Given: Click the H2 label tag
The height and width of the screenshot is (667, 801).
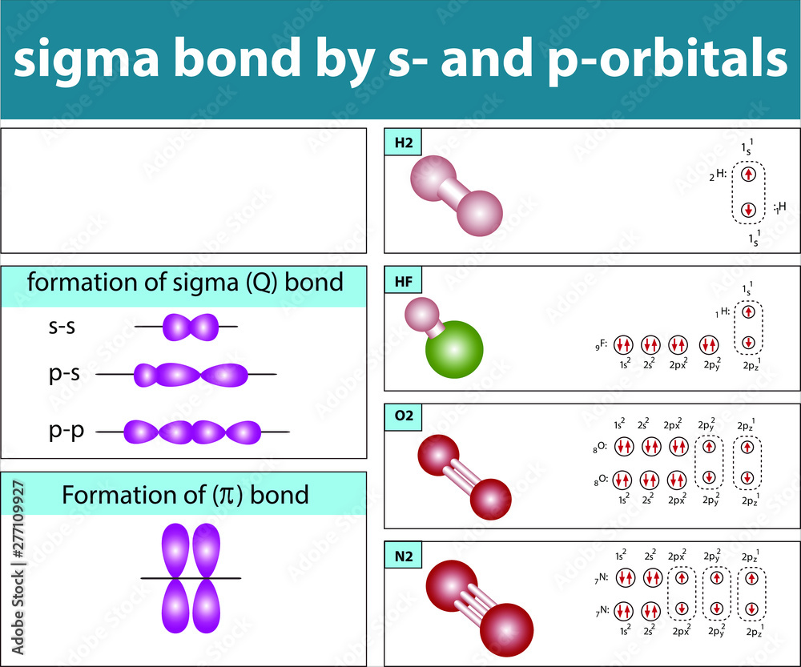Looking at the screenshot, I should [x=402, y=144].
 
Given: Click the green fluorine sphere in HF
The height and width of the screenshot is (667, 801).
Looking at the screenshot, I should [x=454, y=349].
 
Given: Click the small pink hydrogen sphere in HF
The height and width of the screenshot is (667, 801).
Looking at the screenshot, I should [x=418, y=312].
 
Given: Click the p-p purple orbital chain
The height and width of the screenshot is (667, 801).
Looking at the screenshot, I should [x=192, y=432].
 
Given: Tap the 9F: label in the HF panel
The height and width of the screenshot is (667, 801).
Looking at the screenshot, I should [x=600, y=345].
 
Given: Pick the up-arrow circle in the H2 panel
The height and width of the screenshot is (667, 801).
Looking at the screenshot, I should [x=748, y=174].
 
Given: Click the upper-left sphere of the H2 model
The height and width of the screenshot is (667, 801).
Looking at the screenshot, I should [x=432, y=177].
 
